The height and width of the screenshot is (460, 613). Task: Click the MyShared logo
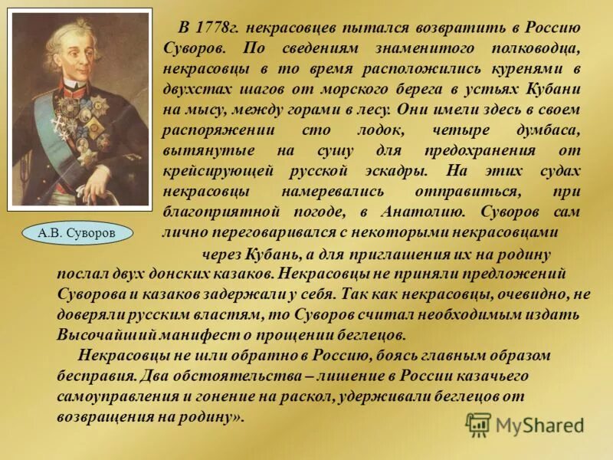[x=526, y=424]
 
